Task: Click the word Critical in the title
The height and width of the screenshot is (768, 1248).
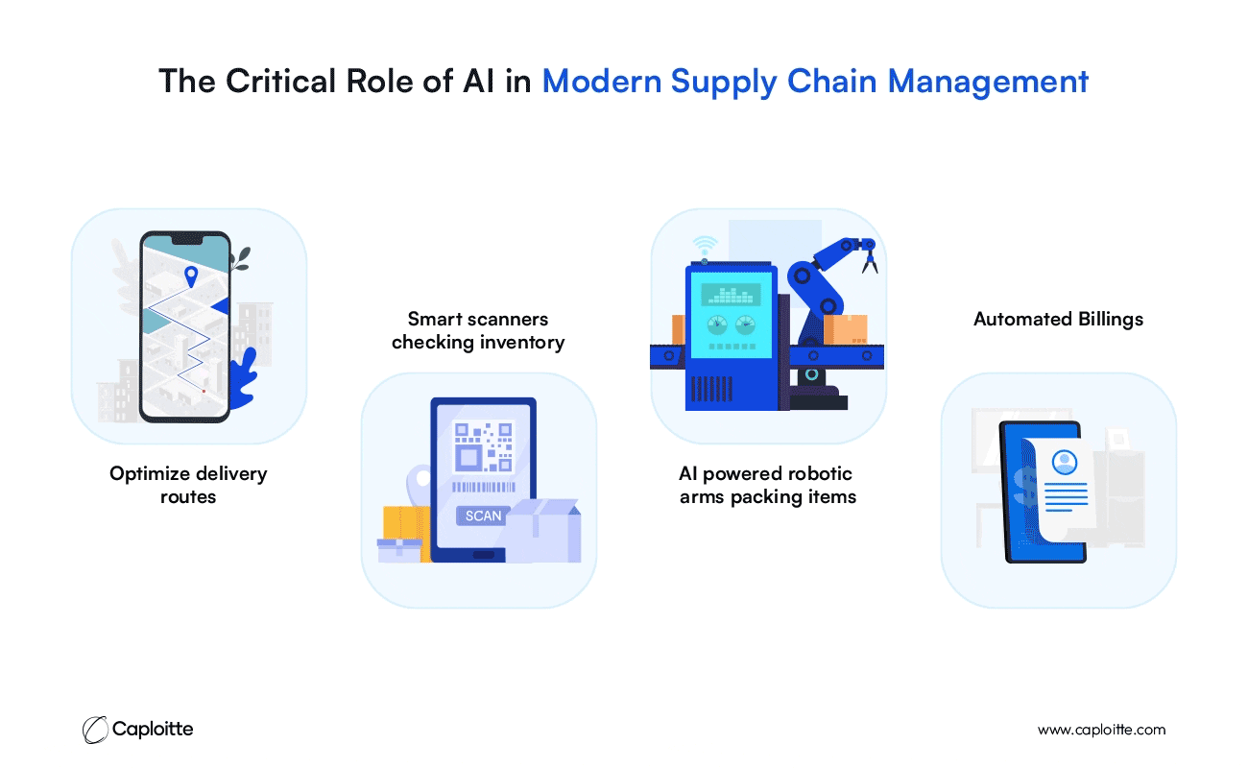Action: (280, 81)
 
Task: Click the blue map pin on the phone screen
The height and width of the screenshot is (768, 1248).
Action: (191, 276)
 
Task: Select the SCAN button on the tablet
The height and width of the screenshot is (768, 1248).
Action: (483, 516)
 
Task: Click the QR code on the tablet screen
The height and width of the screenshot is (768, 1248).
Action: (483, 447)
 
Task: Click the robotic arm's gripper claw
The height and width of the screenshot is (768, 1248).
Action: (869, 258)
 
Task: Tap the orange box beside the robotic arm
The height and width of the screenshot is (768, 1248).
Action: (845, 329)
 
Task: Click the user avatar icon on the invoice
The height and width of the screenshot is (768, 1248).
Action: (1064, 462)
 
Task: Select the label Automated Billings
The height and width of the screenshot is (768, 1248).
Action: (1058, 320)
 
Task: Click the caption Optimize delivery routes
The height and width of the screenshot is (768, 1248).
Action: (188, 485)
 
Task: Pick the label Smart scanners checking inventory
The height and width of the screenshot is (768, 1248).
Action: (478, 330)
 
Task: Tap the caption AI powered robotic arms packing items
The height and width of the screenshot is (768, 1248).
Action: (767, 485)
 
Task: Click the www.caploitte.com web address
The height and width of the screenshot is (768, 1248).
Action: (1101, 730)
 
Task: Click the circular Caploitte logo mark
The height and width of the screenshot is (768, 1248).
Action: (95, 730)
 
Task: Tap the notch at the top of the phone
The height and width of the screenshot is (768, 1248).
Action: (186, 240)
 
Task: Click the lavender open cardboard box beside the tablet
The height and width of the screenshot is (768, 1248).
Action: (542, 530)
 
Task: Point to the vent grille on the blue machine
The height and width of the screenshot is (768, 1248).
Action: (711, 389)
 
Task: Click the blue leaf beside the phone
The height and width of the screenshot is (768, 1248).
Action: (244, 379)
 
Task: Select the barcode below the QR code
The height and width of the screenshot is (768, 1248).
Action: (483, 487)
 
